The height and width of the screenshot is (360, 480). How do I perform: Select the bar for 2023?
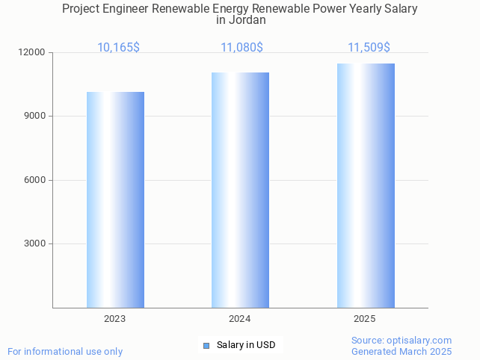click(115, 199)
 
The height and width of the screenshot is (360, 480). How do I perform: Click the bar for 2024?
click(240, 190)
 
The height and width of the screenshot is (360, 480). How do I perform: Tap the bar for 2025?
click(366, 185)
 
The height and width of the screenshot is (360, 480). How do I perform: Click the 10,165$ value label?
click(118, 48)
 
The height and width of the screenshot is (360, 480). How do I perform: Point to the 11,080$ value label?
click(241, 48)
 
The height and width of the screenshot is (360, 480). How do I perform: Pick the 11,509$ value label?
click(369, 48)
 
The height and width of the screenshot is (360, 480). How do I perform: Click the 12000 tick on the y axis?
click(32, 53)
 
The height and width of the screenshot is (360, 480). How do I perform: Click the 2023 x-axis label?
click(115, 319)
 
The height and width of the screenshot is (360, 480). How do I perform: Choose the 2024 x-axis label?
click(240, 319)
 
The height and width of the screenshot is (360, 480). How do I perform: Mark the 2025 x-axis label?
click(365, 319)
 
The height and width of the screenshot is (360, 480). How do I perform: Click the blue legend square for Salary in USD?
click(207, 345)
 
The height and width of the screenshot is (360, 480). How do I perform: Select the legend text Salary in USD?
click(246, 345)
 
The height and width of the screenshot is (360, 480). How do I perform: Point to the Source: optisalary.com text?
click(401, 341)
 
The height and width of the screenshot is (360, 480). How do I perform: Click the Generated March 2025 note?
click(401, 351)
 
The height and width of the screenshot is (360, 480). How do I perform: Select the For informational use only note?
click(65, 351)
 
